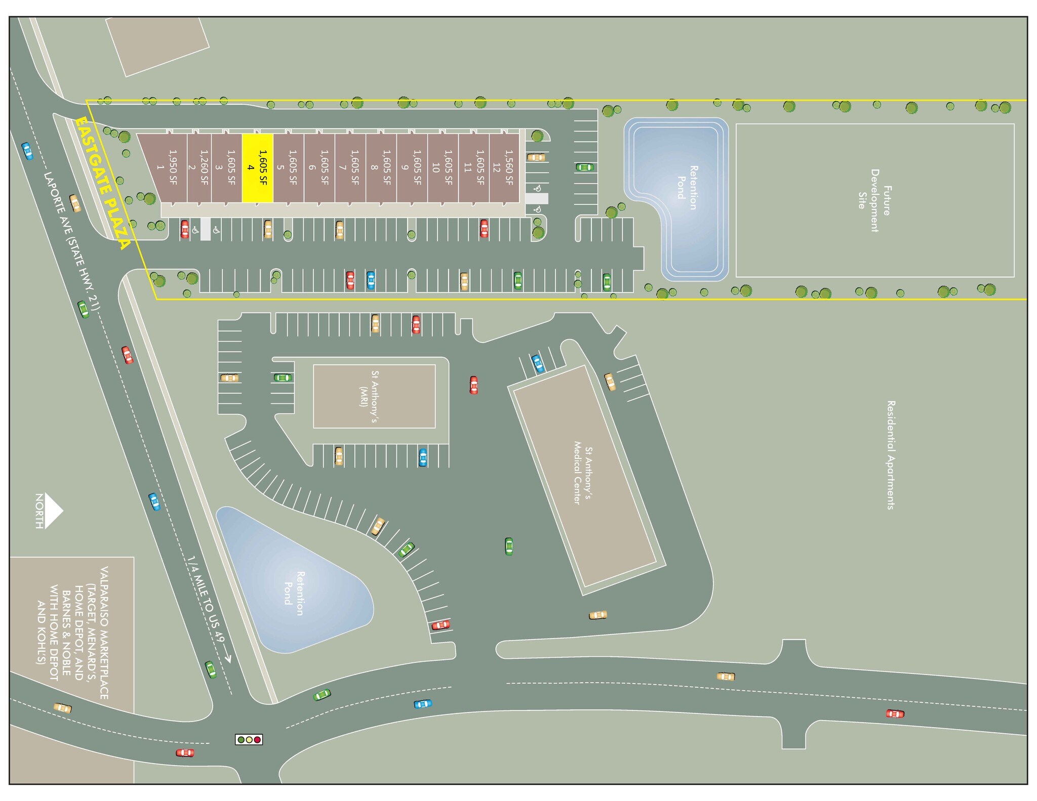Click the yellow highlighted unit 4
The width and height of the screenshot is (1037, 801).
[257, 167]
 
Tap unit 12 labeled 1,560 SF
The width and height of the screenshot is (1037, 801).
[504, 167]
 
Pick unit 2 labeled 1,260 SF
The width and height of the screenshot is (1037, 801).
[198, 167]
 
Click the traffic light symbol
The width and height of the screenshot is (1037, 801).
[249, 739]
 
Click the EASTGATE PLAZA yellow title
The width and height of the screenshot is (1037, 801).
[103, 183]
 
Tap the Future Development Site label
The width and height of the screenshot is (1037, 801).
[874, 200]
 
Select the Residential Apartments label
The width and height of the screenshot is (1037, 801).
[891, 454]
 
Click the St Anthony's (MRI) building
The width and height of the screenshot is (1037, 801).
[374, 396]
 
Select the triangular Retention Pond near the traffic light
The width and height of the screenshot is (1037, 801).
[294, 582]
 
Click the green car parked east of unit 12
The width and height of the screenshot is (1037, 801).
[584, 167]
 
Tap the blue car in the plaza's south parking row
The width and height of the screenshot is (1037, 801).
[371, 280]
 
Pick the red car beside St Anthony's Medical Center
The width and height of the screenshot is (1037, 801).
[473, 385]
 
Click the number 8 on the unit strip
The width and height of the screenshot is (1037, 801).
[374, 167]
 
